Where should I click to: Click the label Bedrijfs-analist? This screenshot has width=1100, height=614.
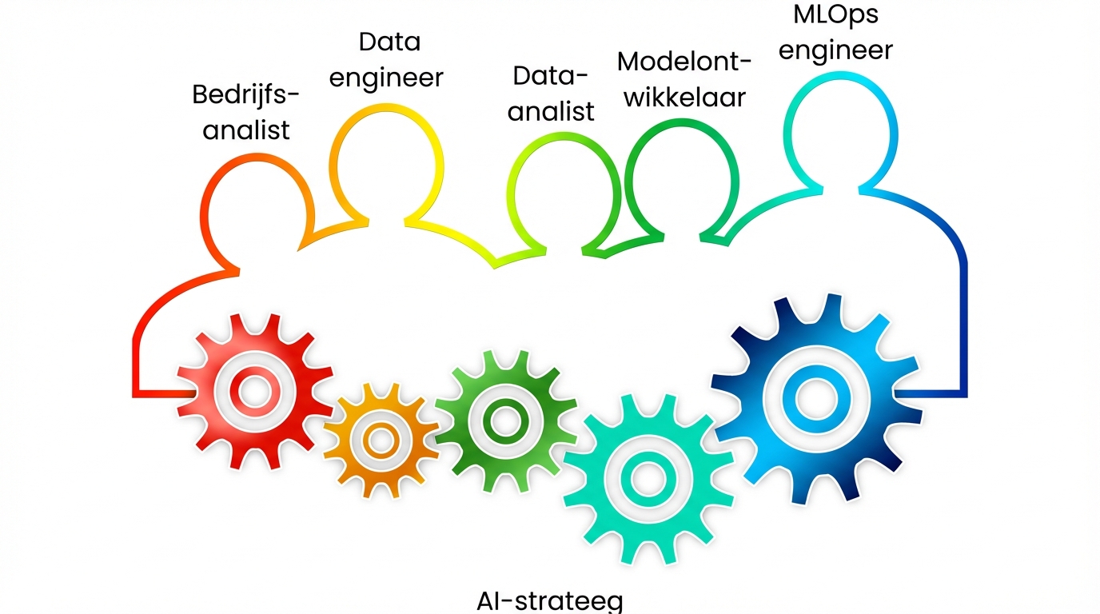coord(246,112)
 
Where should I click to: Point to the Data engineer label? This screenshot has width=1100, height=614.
coord(386,60)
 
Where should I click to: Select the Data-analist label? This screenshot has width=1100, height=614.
coord(552,94)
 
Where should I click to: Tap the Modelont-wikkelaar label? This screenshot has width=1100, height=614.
coord(684,79)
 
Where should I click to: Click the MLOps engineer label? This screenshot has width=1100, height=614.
coord(835,32)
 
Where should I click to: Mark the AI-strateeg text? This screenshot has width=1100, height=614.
coord(548,601)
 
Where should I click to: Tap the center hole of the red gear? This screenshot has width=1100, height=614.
coord(255,391)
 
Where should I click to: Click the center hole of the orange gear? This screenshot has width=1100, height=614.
coord(381,439)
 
